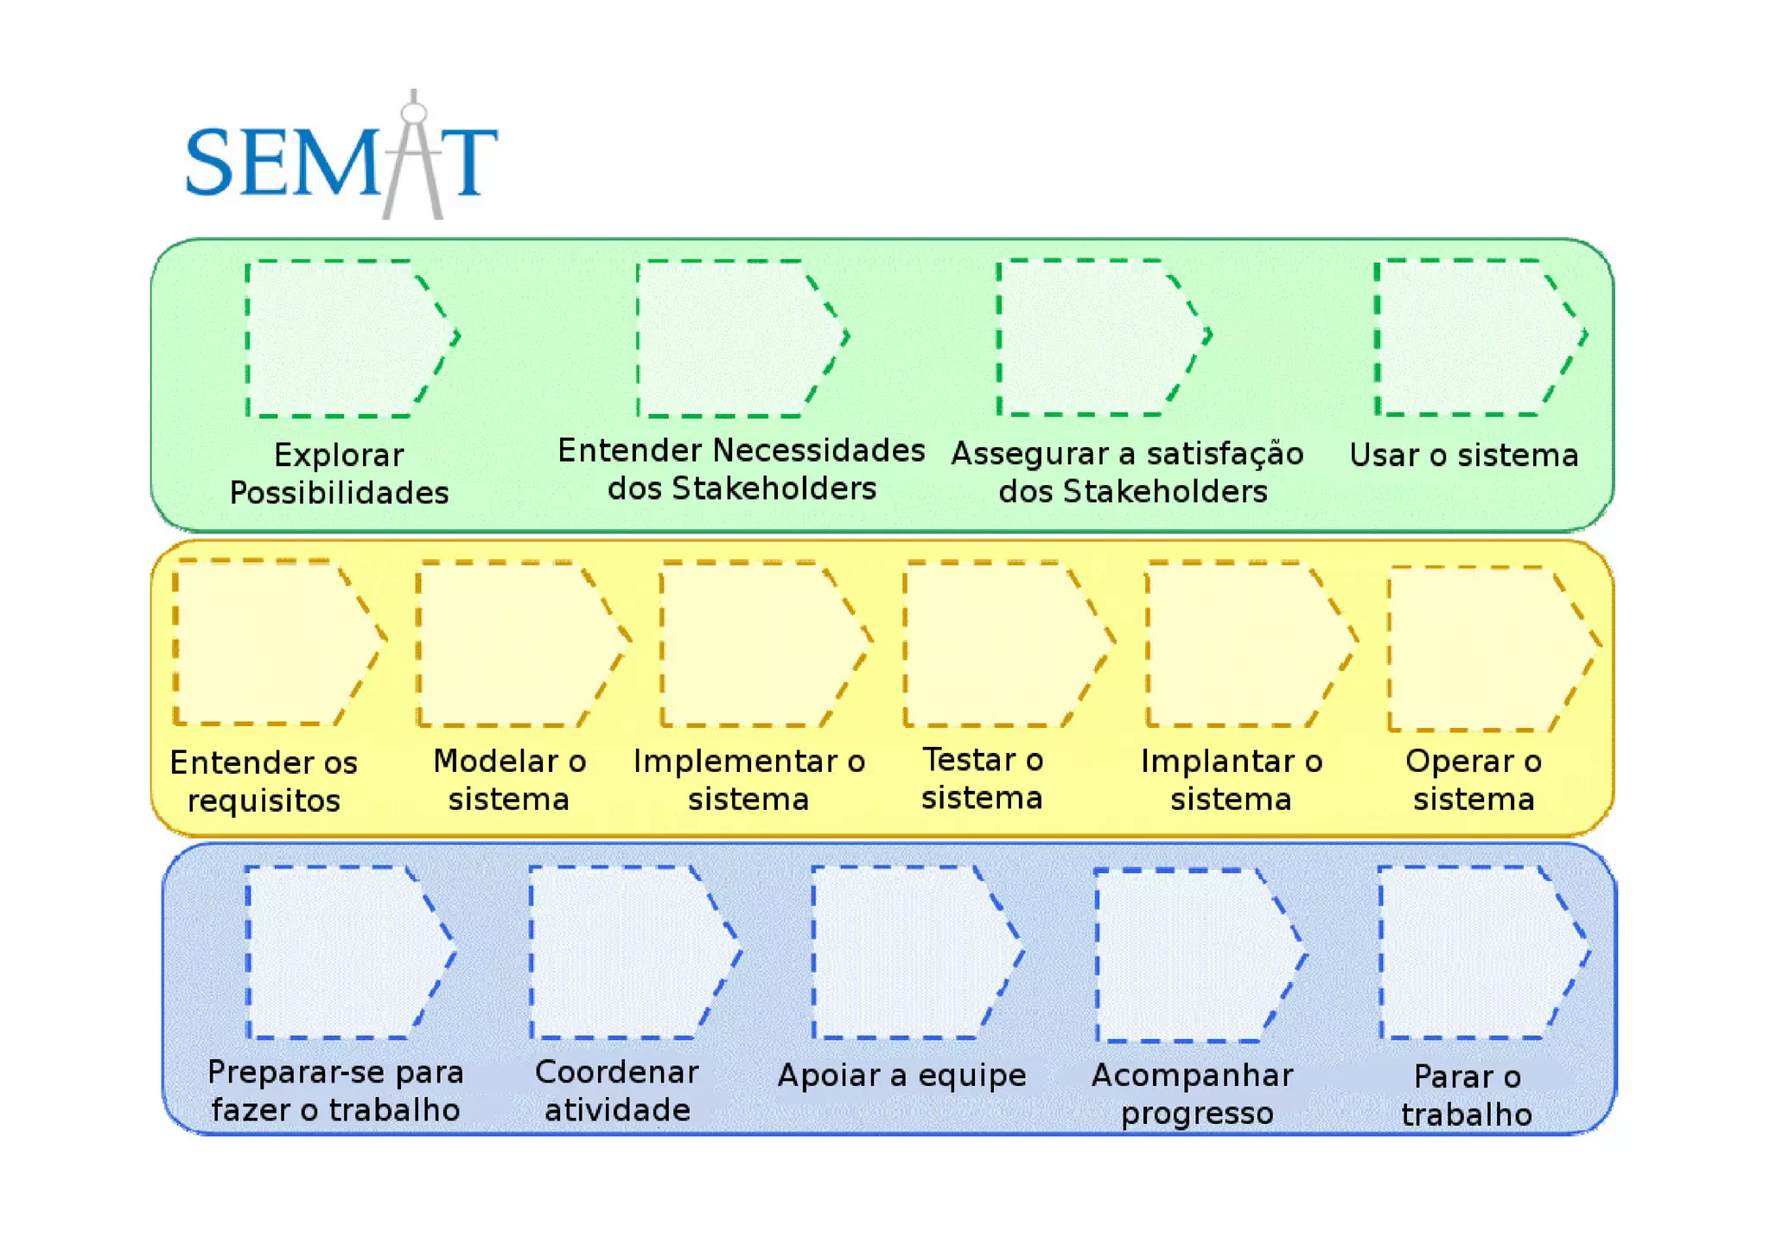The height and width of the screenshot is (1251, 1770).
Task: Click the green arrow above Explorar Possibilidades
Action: coord(346,338)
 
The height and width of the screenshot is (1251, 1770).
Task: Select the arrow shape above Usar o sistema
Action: coord(1474,337)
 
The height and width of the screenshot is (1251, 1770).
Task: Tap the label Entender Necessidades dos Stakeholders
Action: coord(741,469)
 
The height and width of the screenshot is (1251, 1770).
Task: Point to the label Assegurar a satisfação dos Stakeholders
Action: coord(1128,472)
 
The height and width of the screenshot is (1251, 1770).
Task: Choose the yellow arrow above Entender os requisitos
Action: coord(272,641)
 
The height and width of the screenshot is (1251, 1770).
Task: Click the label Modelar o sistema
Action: coord(509,780)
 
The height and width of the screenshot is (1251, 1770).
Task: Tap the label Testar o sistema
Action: coord(983,778)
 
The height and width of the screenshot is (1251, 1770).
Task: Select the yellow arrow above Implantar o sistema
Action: coord(1245,644)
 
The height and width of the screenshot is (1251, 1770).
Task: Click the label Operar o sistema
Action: coord(1474,780)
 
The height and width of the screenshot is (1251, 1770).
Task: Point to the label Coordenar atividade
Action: coord(617,1090)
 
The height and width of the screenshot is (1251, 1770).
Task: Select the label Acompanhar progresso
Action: coord(1194,1094)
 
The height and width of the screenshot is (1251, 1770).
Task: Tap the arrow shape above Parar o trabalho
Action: coord(1477,952)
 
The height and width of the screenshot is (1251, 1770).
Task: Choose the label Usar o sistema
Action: coord(1464,455)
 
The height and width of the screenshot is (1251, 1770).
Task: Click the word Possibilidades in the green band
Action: coord(339,493)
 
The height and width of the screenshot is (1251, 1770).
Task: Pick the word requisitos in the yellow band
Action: coord(264,801)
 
